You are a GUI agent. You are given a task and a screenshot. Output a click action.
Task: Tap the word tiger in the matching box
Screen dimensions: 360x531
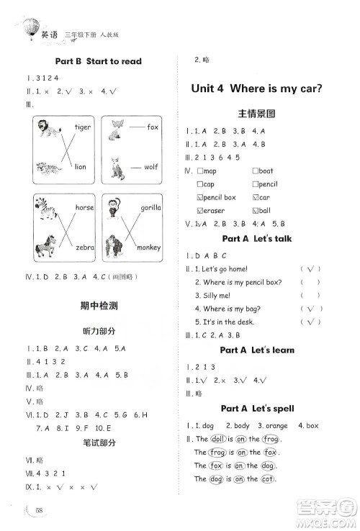tap(83, 127)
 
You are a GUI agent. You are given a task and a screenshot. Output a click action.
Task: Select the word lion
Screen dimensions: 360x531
tap(80, 167)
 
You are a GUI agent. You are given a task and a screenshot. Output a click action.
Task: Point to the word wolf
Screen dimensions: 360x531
tap(150, 167)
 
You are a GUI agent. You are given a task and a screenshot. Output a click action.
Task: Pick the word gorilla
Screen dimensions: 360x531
tap(151, 207)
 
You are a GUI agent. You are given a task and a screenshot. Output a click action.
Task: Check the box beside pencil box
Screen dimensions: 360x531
tap(200, 197)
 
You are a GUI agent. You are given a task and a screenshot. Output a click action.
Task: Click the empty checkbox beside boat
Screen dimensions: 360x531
tap(256, 171)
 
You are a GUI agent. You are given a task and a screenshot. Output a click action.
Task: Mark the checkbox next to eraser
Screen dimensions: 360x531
tap(200, 211)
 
